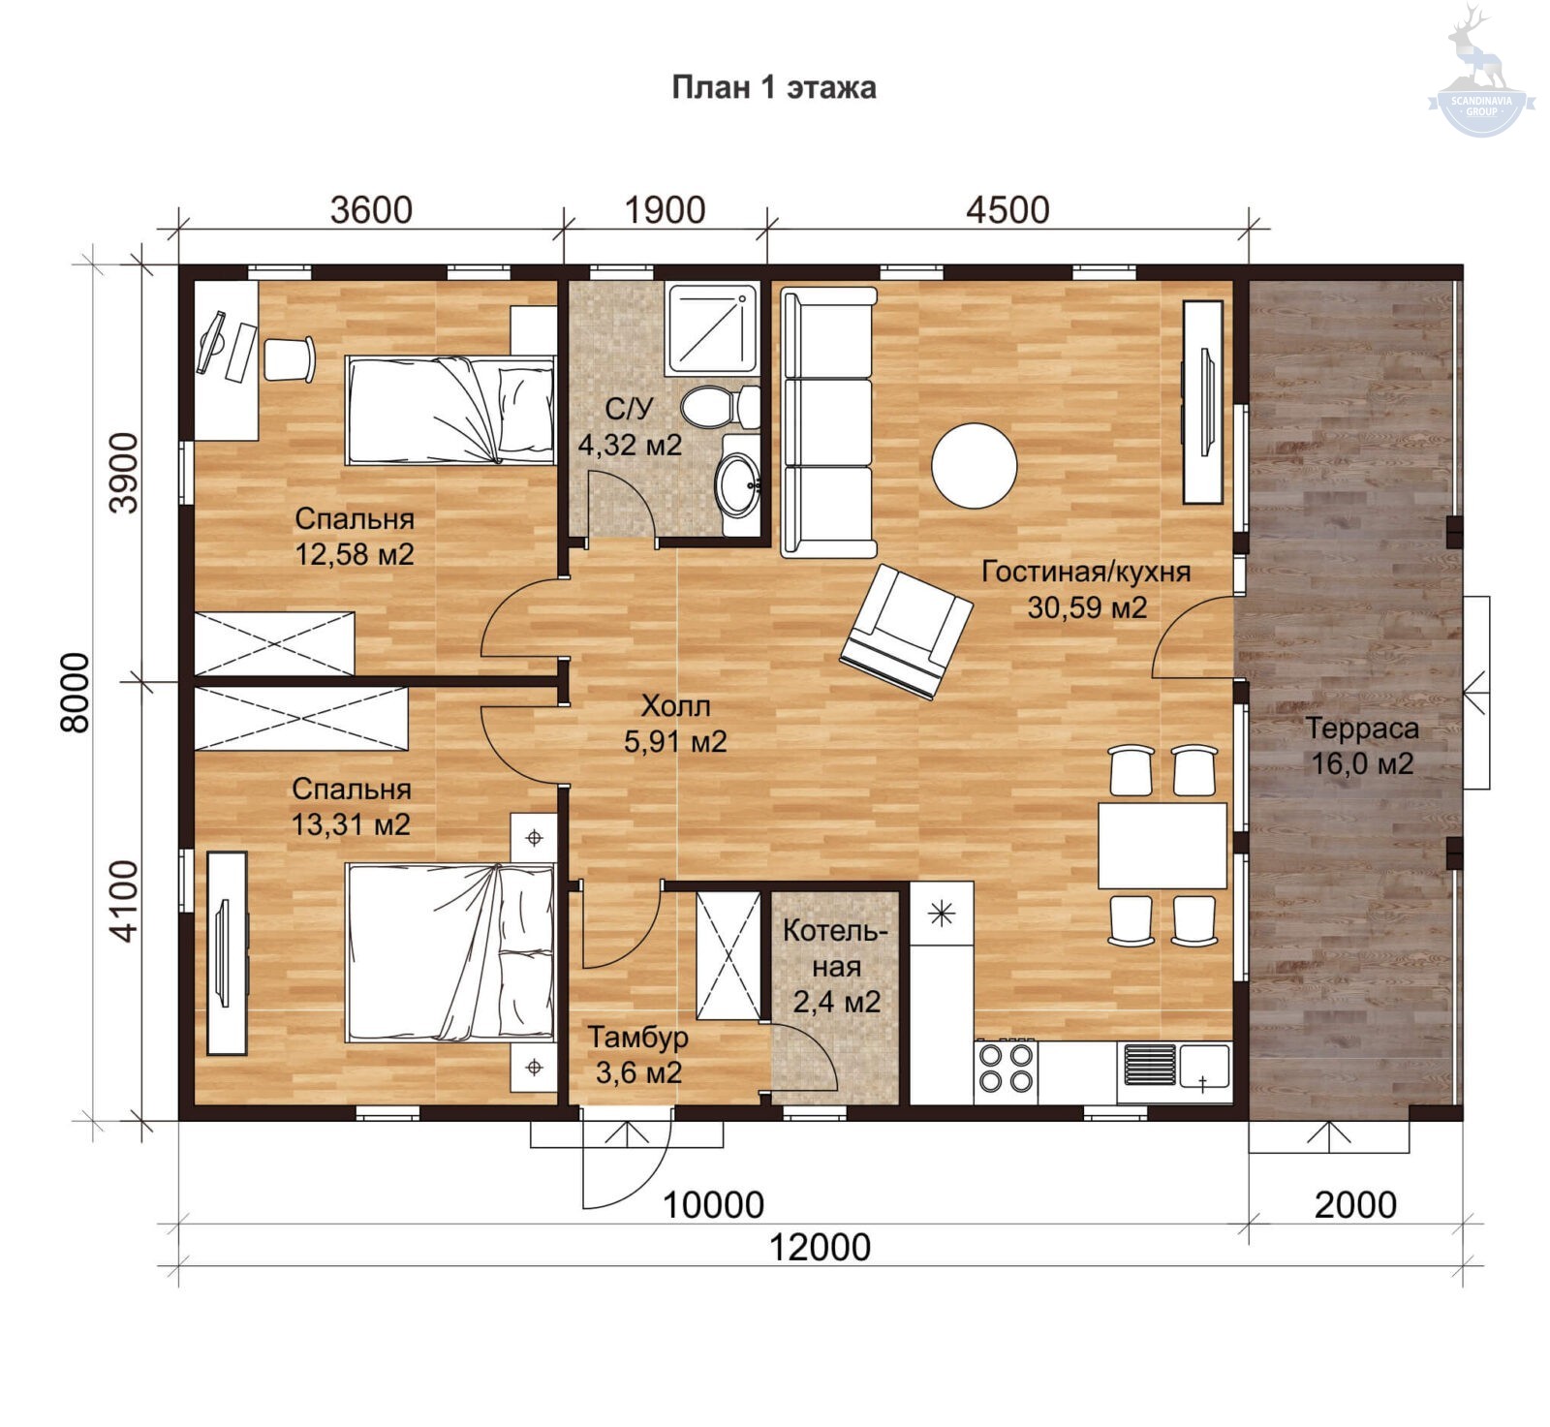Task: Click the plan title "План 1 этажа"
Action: coord(774,87)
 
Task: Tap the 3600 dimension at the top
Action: coord(371,209)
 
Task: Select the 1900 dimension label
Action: coord(665,209)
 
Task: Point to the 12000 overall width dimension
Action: coord(820,1247)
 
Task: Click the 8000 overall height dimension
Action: coord(76,692)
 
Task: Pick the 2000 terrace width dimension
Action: coord(1355,1205)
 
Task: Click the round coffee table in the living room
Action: coord(974,465)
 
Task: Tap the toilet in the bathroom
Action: coord(720,407)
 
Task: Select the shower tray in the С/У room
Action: coord(712,328)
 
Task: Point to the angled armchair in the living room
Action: coord(906,632)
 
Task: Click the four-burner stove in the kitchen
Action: coord(1006,1070)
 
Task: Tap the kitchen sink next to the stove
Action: coord(1174,1070)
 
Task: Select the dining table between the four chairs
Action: coord(1162,845)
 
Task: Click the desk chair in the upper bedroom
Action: coord(290,359)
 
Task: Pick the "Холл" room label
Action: coord(675,705)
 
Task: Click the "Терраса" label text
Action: coord(1362,728)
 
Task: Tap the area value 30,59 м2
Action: coord(1087,607)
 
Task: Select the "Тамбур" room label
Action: coord(638,1037)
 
